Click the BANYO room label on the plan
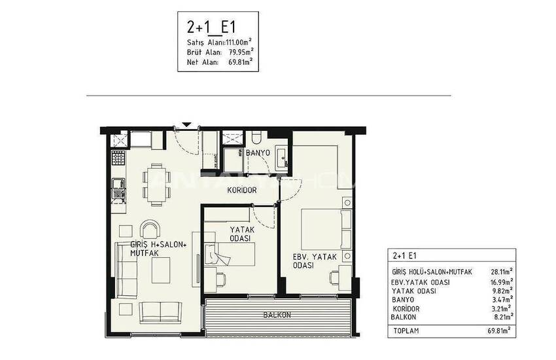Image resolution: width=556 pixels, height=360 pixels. pyautogui.click(x=258, y=153)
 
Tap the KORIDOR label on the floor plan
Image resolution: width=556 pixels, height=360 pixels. pyautogui.click(x=242, y=190)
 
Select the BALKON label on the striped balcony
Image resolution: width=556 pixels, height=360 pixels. pyautogui.click(x=277, y=315)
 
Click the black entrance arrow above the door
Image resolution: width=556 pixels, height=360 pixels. pyautogui.click(x=187, y=125)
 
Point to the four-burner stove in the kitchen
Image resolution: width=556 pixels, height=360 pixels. pyautogui.click(x=118, y=158)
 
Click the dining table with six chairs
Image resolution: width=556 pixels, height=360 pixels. pyautogui.click(x=156, y=185)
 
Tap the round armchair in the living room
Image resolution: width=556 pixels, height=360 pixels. pyautogui.click(x=150, y=229)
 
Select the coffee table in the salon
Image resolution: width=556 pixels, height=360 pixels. pyautogui.click(x=161, y=270)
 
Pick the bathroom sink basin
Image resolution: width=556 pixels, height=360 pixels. pyautogui.click(x=283, y=157)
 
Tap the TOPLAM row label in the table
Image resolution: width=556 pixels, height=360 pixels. pyautogui.click(x=406, y=331)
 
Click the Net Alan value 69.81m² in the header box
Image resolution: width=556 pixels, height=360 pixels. pyautogui.click(x=241, y=62)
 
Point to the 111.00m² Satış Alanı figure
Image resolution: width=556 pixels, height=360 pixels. pyautogui.click(x=239, y=42)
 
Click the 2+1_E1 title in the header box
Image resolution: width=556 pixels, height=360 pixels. pyautogui.click(x=211, y=27)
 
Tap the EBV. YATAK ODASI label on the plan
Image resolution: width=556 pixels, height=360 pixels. pyautogui.click(x=314, y=261)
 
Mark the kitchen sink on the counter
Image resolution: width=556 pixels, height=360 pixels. pyautogui.click(x=118, y=184)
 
